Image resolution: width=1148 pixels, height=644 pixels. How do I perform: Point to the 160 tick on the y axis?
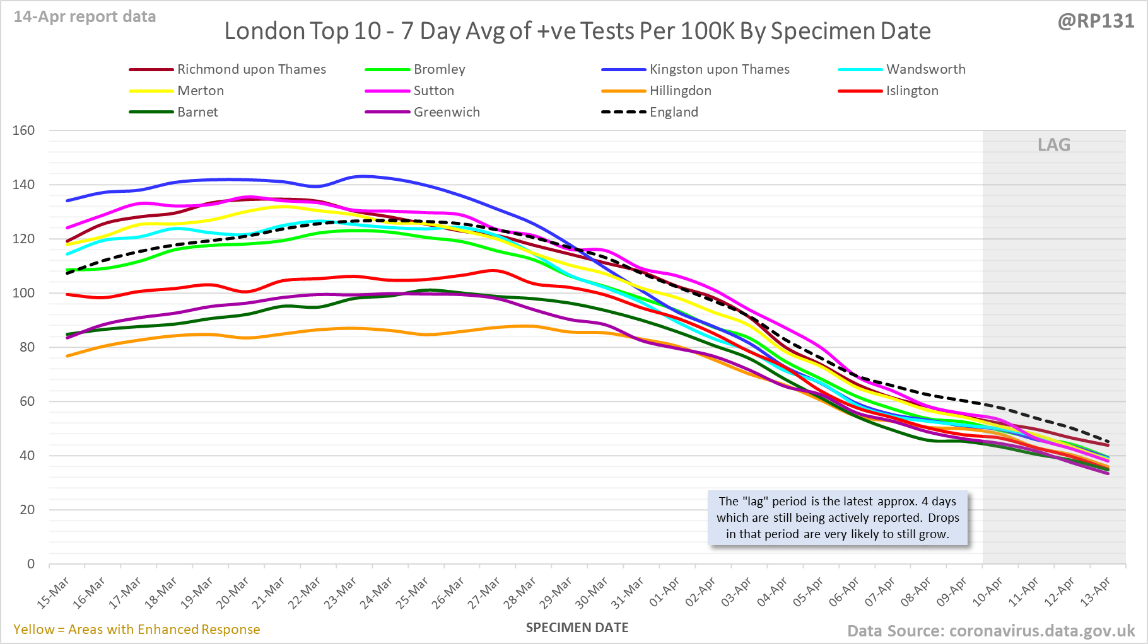(24, 130)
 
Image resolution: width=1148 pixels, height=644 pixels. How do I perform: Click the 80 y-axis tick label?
(26, 347)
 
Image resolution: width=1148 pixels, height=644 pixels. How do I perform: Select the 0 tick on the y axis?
(31, 564)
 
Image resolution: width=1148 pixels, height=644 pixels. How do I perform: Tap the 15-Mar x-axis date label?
(54, 593)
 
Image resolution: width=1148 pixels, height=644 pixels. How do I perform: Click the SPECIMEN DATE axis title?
(577, 628)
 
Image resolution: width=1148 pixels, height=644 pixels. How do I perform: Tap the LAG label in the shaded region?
(1054, 145)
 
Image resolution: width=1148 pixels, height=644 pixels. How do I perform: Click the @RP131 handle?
(1096, 21)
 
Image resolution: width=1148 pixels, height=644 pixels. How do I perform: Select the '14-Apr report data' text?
(85, 17)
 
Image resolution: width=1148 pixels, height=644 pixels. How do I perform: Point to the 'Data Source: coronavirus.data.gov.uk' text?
(991, 631)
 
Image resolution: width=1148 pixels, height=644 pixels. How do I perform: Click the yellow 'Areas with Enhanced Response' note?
(137, 630)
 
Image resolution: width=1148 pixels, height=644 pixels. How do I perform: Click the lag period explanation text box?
(838, 517)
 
